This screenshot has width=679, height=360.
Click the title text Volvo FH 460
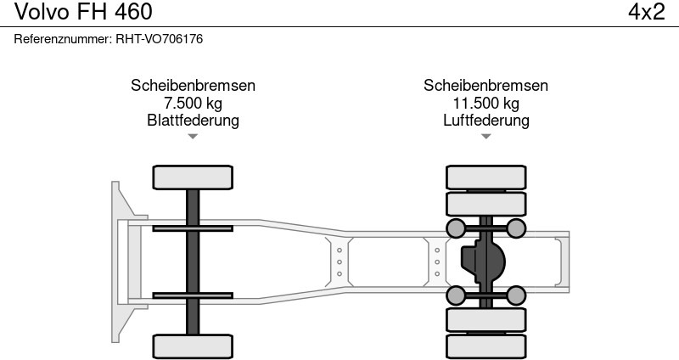(x=83, y=12)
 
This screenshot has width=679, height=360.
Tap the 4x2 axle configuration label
(x=647, y=12)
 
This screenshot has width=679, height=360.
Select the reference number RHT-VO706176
(x=159, y=39)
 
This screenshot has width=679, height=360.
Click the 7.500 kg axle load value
(x=193, y=103)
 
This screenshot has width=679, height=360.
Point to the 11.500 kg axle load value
(x=485, y=103)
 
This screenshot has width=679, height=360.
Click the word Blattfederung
(x=193, y=120)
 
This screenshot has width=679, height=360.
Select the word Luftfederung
(x=485, y=120)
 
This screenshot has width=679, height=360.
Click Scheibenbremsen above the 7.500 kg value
(x=193, y=86)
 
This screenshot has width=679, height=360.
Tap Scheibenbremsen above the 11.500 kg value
(x=485, y=86)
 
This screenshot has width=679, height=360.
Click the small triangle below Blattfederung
(x=193, y=136)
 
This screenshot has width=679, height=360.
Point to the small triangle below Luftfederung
(x=485, y=136)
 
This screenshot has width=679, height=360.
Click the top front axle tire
(x=193, y=177)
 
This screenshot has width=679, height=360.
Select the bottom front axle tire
(x=193, y=346)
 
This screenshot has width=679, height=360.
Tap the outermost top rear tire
(x=485, y=177)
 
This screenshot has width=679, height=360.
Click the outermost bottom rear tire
(x=485, y=347)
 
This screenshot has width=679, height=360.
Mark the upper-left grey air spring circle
(x=456, y=228)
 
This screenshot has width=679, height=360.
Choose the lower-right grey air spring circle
(x=516, y=295)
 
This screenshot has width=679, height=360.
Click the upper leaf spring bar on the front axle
(x=193, y=228)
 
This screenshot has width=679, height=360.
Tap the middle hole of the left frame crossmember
(x=339, y=262)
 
